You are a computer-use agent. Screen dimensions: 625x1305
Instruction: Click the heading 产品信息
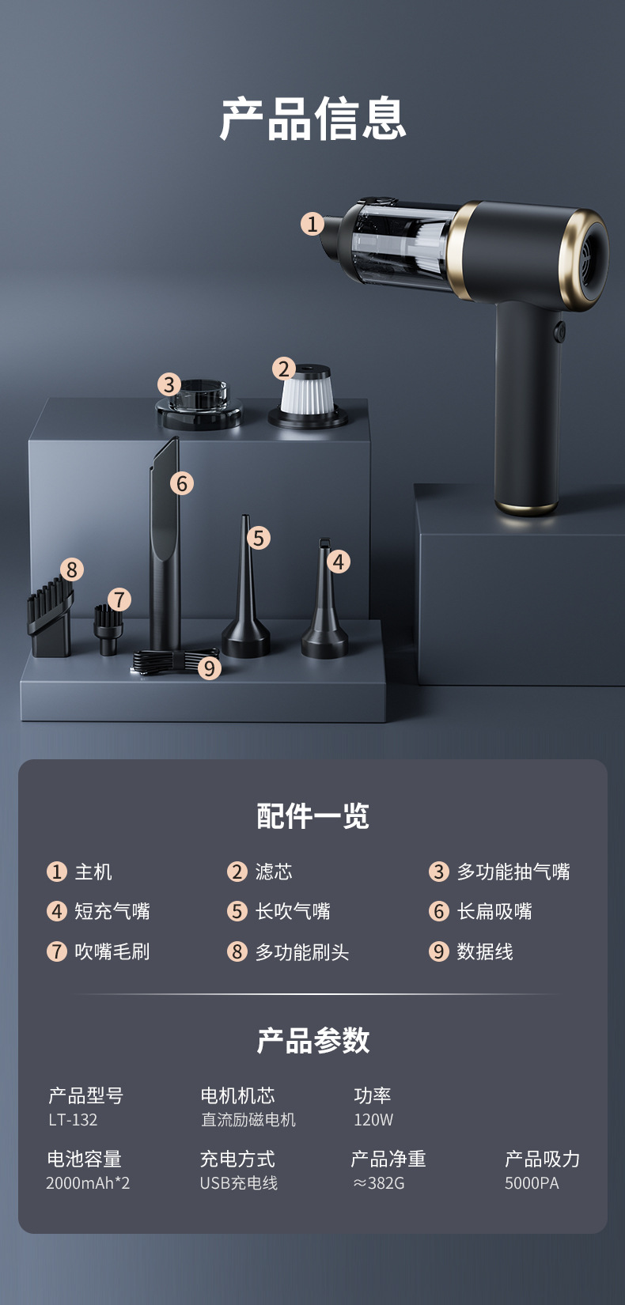coord(312,119)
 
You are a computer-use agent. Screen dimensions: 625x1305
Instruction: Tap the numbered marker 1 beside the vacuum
coord(312,224)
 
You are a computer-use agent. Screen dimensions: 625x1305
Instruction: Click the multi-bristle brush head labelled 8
coord(50,618)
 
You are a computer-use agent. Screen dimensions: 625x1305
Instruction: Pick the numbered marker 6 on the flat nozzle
coord(182,483)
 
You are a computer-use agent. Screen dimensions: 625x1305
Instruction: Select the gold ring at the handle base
coord(526,506)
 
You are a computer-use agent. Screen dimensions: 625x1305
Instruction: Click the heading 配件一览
coord(313,815)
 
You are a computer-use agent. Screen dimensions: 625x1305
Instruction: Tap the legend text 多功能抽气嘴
coord(513,872)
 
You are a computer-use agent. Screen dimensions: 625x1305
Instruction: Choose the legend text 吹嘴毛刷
coord(112,951)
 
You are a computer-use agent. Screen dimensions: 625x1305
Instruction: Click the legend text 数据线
coord(485,951)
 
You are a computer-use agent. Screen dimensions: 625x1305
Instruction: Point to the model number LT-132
coord(73,1120)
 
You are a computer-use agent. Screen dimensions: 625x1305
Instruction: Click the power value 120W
coord(373,1120)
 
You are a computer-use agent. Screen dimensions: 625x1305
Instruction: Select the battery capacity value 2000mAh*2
coord(88,1183)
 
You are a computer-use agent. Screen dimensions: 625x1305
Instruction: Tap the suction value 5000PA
coord(532,1183)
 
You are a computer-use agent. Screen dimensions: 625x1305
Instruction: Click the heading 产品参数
coord(313,1041)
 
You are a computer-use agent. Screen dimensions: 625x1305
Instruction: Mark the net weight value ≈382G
coord(379,1183)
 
